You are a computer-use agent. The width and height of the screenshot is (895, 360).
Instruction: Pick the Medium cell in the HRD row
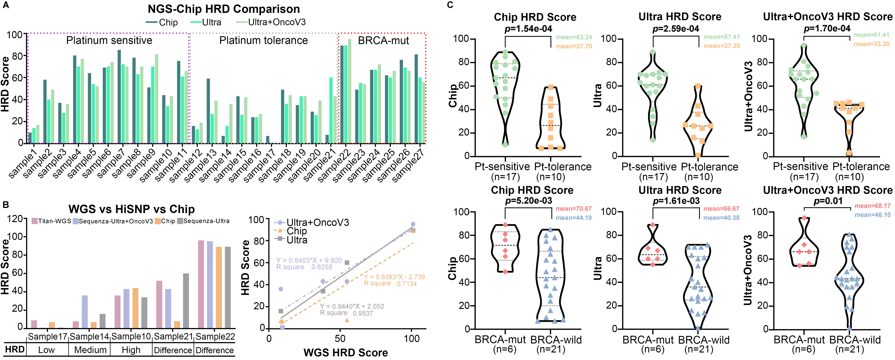[90, 350]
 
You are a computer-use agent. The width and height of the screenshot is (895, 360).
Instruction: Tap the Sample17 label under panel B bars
[48, 337]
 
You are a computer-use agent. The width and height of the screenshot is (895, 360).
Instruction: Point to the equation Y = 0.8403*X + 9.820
[309, 260]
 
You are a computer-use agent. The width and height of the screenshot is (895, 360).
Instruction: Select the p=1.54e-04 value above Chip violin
[528, 29]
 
